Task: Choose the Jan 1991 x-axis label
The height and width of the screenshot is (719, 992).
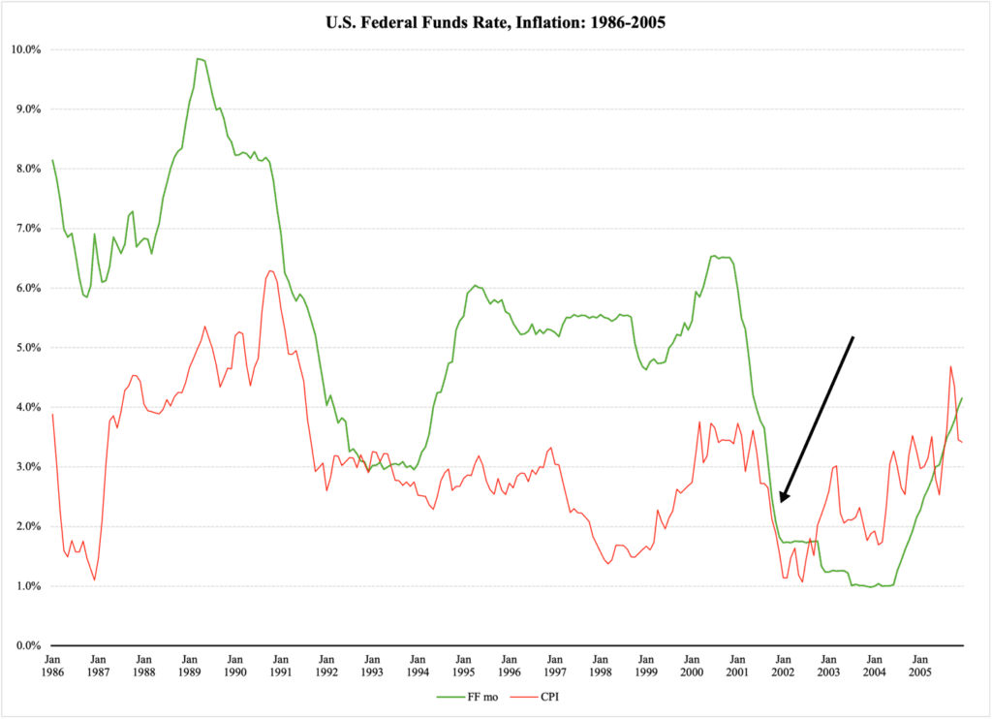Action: click(280, 665)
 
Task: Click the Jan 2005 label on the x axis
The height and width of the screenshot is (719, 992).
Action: click(919, 665)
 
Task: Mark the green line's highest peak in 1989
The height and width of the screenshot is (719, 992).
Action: click(198, 59)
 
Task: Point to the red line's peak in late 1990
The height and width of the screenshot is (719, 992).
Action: click(269, 271)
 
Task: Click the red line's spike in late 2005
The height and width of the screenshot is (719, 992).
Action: click(950, 366)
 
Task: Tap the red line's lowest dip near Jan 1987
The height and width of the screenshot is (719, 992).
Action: click(94, 579)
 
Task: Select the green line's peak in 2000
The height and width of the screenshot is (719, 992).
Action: click(715, 256)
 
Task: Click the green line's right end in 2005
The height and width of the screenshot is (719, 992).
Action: click(962, 397)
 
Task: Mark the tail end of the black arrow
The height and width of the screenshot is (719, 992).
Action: click(852, 337)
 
